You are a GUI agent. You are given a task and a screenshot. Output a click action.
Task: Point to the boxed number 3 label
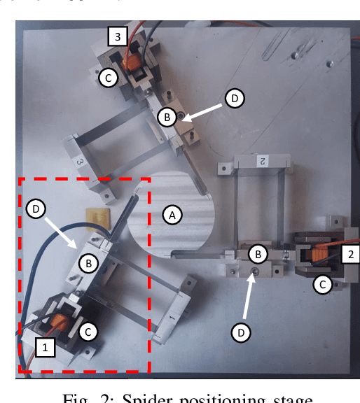pos(118,35)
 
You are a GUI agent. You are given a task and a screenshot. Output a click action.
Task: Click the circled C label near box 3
pos(107,77)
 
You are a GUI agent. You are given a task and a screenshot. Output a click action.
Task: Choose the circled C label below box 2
pos(322,284)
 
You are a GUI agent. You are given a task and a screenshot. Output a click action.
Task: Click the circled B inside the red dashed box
pos(88,263)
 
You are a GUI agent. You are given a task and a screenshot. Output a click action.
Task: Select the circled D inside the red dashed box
pos(36,208)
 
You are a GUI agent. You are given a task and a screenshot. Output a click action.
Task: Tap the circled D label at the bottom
pos(241,333)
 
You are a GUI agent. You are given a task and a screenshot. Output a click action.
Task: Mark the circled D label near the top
pos(235,99)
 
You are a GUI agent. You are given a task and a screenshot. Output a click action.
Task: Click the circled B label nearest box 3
pos(167,117)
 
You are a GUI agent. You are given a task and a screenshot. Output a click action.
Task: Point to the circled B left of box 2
pos(259,253)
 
